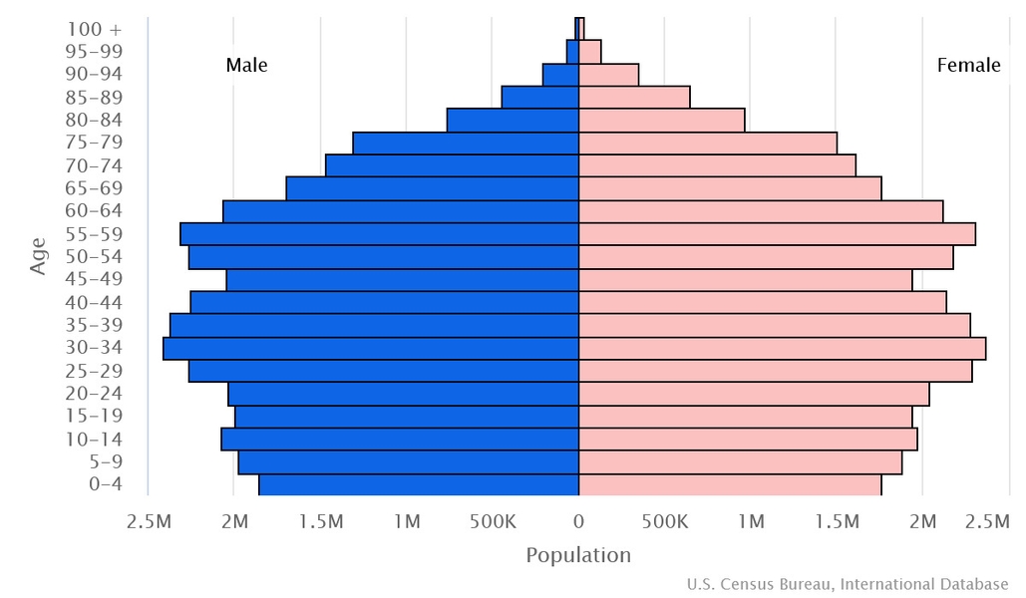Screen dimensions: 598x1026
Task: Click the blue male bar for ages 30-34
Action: [x=371, y=348]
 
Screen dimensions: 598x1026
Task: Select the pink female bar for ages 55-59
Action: [x=777, y=234]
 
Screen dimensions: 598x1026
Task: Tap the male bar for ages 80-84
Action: [x=513, y=120]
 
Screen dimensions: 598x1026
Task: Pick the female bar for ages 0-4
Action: [x=730, y=484]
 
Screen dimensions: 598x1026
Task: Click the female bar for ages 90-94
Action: [x=608, y=75]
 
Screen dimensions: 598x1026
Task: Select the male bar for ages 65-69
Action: [x=432, y=188]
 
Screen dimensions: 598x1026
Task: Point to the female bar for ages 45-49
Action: [x=745, y=280]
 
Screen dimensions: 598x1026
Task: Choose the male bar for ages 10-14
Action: [x=400, y=439]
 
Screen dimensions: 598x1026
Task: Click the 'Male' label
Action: [x=246, y=66]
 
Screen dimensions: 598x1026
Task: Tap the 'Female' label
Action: [x=968, y=66]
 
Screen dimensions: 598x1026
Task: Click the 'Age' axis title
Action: [x=39, y=256]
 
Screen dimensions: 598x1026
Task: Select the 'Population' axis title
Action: [x=578, y=555]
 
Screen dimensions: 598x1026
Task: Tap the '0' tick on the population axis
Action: [x=578, y=521]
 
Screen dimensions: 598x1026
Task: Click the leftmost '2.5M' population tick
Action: [x=150, y=521]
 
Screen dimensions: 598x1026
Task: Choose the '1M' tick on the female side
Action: [x=751, y=521]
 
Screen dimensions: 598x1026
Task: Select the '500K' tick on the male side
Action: [x=493, y=521]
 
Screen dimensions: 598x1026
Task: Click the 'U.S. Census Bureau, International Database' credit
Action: [x=848, y=584]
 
